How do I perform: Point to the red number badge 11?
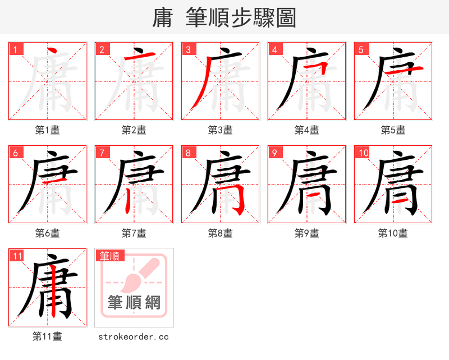click(x=17, y=256)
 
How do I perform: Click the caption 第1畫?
click(x=48, y=130)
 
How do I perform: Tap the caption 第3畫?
click(x=220, y=130)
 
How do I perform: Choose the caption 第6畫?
click(x=48, y=233)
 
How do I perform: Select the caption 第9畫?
click(x=306, y=233)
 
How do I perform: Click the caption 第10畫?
click(x=393, y=233)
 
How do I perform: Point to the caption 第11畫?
click(x=48, y=336)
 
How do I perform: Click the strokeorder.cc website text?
click(x=134, y=336)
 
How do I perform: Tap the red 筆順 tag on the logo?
click(x=109, y=256)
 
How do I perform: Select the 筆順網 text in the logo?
click(x=134, y=303)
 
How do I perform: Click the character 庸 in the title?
click(x=163, y=18)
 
